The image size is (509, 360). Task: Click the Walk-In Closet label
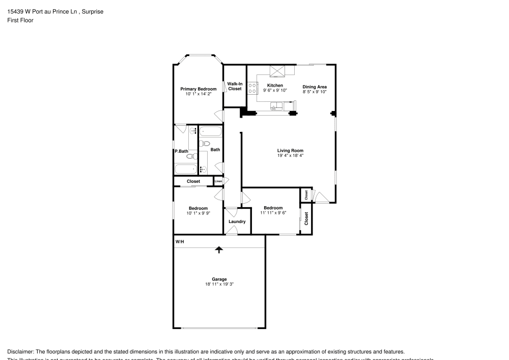point(235,86)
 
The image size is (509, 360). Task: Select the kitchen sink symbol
point(275,106)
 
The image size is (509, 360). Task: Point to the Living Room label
point(290,150)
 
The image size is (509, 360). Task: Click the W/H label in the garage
point(179,242)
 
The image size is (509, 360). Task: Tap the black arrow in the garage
point(219,250)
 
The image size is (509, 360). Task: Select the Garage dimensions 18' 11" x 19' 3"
point(219,284)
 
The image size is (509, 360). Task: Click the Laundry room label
point(237,221)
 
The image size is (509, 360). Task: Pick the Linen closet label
point(218,181)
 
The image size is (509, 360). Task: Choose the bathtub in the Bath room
point(210,132)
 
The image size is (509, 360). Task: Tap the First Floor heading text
point(20,20)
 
